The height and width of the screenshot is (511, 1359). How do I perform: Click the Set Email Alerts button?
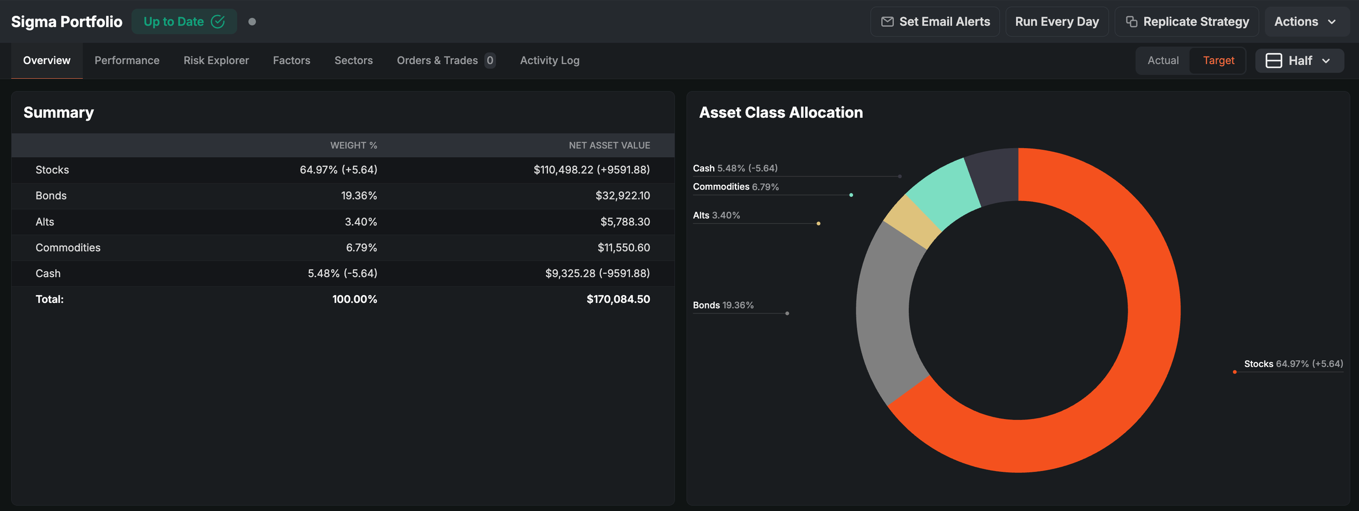click(935, 22)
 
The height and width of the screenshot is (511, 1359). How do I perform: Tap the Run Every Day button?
click(1057, 22)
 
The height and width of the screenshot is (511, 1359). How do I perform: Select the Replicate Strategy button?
click(1187, 22)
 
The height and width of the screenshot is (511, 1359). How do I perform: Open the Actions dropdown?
click(1307, 22)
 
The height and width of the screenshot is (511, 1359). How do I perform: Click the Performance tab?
click(127, 60)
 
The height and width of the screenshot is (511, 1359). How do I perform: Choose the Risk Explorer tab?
click(216, 60)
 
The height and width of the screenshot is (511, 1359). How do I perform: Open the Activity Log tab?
click(550, 60)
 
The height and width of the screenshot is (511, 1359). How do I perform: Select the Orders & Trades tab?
click(446, 60)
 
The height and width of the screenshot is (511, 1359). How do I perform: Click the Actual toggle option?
click(1163, 60)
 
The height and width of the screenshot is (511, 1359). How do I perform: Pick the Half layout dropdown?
click(1300, 60)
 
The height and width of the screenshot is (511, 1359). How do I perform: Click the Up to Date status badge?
click(184, 22)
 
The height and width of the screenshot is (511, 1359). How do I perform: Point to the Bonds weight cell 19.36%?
click(359, 196)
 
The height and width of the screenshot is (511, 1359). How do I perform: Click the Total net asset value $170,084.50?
click(618, 299)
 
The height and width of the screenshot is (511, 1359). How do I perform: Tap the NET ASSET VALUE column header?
click(609, 145)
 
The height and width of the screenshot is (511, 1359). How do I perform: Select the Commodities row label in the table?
click(68, 247)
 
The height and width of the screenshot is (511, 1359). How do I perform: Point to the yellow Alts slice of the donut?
click(912, 222)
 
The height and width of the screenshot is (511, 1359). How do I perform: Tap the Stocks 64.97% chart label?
click(1293, 364)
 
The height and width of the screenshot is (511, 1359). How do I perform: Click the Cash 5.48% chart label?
click(735, 168)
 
